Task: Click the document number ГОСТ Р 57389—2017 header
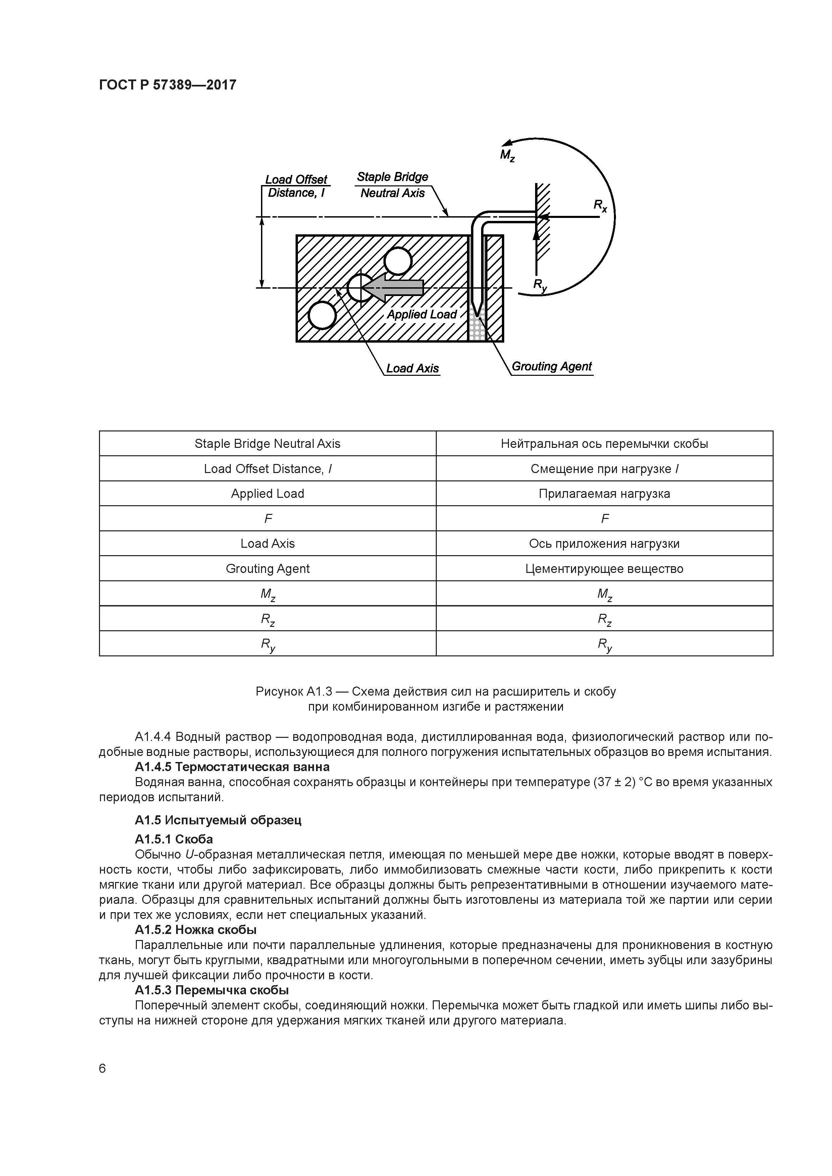tap(168, 85)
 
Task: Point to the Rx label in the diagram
tap(600, 205)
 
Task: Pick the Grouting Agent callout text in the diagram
tap(552, 367)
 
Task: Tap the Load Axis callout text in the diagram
tap(412, 369)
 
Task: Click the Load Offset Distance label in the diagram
tap(296, 186)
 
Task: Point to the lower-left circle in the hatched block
tap(322, 315)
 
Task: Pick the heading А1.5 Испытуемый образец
tap(218, 820)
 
